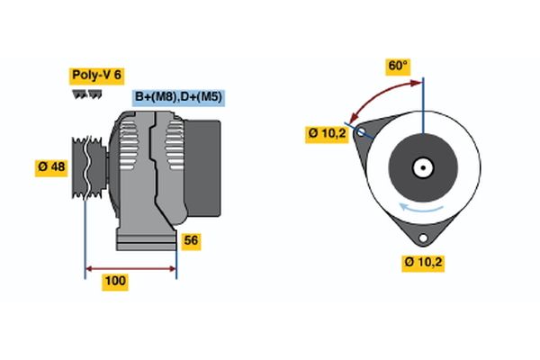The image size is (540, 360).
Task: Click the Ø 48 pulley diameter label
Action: point(51,168)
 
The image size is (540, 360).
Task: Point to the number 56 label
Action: point(191,240)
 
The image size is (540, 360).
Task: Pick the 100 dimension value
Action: point(115,282)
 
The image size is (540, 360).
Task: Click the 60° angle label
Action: point(398,66)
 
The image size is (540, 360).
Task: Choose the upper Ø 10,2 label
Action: point(327,134)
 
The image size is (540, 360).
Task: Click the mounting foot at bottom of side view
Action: point(144,240)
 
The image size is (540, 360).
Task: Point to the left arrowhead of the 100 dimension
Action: point(89,267)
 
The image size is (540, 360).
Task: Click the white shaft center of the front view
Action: point(422,167)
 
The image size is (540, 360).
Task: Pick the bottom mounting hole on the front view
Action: point(423,237)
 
